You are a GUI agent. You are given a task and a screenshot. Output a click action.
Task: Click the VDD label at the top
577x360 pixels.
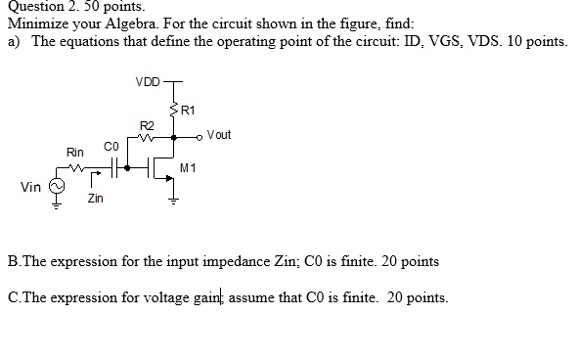pyautogui.click(x=149, y=81)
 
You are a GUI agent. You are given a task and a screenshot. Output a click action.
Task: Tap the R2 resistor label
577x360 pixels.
pyautogui.click(x=147, y=126)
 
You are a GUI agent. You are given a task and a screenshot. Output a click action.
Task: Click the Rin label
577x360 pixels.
pyautogui.click(x=75, y=153)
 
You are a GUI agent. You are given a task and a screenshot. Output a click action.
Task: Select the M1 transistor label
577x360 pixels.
pyautogui.click(x=189, y=168)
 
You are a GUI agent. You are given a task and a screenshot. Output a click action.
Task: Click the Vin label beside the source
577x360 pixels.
pyautogui.click(x=30, y=186)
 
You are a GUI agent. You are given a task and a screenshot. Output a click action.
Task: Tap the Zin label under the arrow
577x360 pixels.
pyautogui.click(x=95, y=199)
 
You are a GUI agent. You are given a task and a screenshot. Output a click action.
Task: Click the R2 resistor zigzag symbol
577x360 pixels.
pyautogui.click(x=147, y=138)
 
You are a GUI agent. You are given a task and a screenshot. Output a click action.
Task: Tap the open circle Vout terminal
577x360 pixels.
pyautogui.click(x=200, y=138)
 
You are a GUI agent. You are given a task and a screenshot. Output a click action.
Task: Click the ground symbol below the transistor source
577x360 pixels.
pyautogui.click(x=174, y=202)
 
